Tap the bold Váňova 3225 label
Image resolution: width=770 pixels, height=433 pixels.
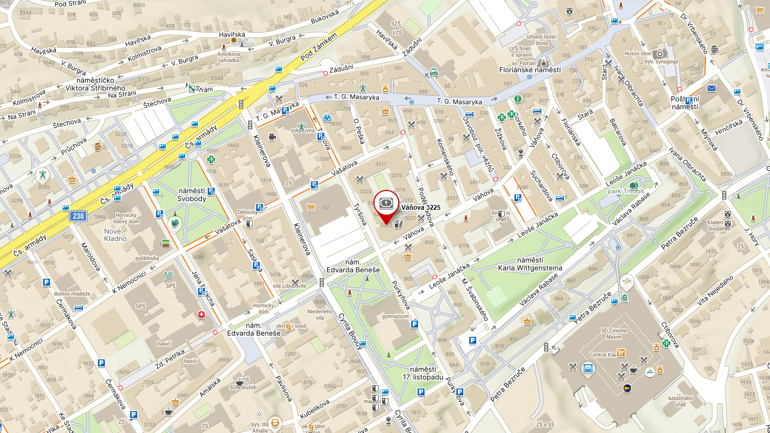pos(421,207)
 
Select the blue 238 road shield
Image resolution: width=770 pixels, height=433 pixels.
pos(77,216)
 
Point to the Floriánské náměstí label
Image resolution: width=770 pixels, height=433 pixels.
pos(530,70)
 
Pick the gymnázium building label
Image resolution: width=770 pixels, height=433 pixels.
pos(395,317)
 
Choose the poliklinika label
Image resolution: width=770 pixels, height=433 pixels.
pos(147,258)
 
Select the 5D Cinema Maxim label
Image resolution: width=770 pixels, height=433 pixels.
pos(606,333)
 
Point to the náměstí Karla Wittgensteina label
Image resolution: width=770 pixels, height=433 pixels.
pos(530,264)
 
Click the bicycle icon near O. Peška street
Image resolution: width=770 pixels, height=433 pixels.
pos(327,118)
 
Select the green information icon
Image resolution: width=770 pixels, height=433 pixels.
pos(518,99)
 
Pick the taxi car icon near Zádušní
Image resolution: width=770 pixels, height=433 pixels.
pos(434,72)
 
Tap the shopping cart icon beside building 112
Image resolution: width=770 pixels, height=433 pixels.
pos(310,207)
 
